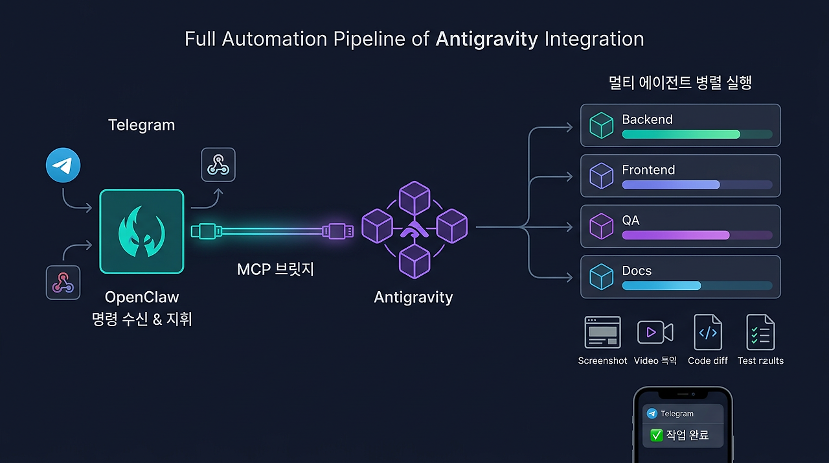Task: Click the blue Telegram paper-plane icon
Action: [x=63, y=165]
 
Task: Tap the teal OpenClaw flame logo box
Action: [x=142, y=231]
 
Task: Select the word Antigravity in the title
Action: [x=486, y=40]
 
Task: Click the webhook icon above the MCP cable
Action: [x=218, y=165]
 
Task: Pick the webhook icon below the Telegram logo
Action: [x=63, y=283]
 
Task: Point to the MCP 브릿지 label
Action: [x=275, y=269]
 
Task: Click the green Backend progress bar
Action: [x=681, y=134]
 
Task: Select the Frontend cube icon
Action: [x=602, y=176]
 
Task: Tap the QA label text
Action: [x=631, y=220]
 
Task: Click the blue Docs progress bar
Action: [x=661, y=285]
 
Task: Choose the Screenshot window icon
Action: [x=602, y=332]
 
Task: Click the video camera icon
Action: [x=655, y=332]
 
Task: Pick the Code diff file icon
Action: [x=708, y=332]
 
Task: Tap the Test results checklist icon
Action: [x=760, y=332]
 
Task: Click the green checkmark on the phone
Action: [x=656, y=435]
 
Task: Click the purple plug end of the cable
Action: [x=337, y=231]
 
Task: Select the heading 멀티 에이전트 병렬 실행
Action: [x=680, y=82]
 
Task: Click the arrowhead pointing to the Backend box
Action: [x=569, y=127]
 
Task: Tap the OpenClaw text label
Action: [x=142, y=297]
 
